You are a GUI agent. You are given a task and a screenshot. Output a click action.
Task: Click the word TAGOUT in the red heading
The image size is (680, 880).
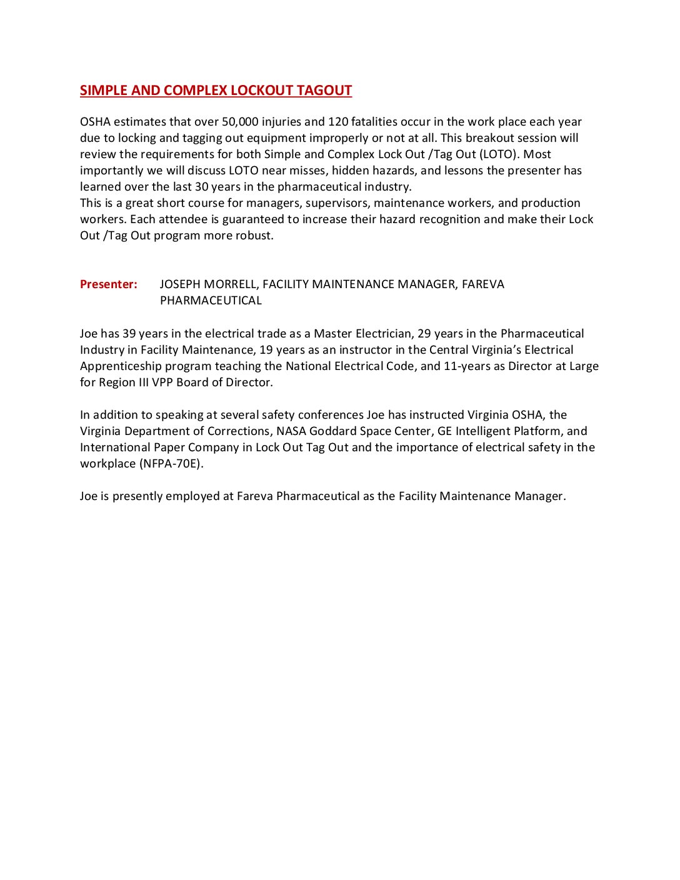[324, 91]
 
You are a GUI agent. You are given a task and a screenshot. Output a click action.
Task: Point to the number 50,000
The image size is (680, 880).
[240, 122]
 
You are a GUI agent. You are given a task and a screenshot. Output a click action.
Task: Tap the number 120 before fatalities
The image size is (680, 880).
[338, 122]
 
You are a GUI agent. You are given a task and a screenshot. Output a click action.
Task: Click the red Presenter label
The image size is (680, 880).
[108, 284]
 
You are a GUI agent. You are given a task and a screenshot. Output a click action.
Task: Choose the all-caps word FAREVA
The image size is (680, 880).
[483, 284]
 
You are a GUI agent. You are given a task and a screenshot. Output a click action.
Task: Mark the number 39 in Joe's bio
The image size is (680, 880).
[129, 334]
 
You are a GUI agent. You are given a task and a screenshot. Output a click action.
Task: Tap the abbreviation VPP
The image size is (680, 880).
[162, 382]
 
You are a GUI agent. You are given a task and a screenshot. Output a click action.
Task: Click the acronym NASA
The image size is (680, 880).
[291, 431]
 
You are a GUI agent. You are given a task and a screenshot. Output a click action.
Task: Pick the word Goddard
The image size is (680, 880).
[332, 431]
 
